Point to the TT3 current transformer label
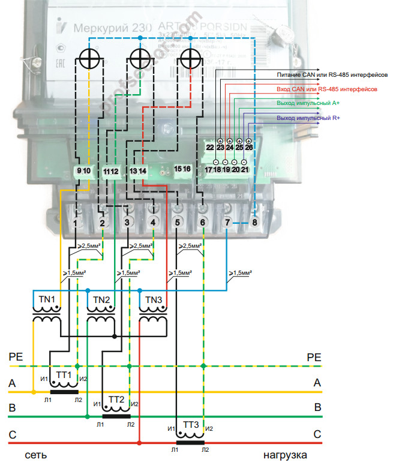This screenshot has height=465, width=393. [x=191, y=425]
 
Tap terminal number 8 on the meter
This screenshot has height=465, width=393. [x=255, y=223]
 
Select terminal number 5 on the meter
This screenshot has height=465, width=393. [x=177, y=223]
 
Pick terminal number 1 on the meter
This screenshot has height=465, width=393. [x=76, y=223]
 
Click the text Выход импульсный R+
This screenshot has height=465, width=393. [x=308, y=118]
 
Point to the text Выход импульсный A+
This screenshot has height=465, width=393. [x=308, y=103]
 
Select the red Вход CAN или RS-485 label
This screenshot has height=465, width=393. [x=327, y=89]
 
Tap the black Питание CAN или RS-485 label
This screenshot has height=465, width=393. [x=328, y=74]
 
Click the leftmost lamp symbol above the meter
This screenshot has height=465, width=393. [x=90, y=60]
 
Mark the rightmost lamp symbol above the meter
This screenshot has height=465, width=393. [x=191, y=60]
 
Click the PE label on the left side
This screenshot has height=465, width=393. [x=16, y=356]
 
